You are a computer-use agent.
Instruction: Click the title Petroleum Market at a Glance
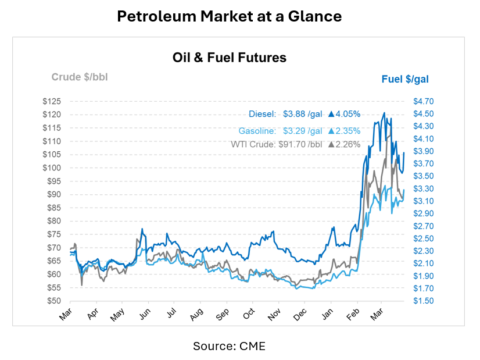[x=230, y=16]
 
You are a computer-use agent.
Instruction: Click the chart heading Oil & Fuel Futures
[x=230, y=58]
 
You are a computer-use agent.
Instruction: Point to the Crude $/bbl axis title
[x=80, y=77]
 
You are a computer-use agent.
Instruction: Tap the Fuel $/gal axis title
[x=405, y=79]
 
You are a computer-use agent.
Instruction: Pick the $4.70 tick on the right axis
[x=423, y=101]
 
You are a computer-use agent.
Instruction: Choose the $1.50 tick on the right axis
[x=423, y=301]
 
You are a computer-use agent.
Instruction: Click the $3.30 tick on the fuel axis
[x=423, y=188]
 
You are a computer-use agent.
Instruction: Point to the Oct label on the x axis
[x=248, y=314]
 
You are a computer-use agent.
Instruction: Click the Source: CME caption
[x=229, y=346]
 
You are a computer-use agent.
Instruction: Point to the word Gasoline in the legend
[x=257, y=131]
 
